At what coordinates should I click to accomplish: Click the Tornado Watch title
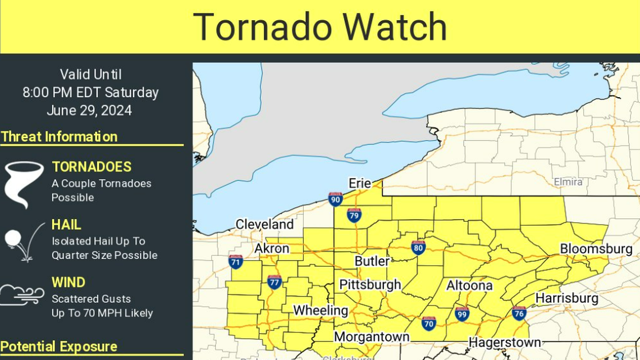point(320,26)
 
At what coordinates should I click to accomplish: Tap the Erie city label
point(360,184)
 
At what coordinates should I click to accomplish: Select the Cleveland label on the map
point(264,224)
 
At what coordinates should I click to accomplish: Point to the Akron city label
point(272,248)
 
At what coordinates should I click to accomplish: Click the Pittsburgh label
point(370,285)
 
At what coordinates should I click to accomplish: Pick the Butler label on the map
point(372,261)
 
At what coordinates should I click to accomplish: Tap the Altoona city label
point(469,286)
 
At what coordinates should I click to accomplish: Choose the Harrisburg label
point(566,298)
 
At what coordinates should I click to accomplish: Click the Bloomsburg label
point(596,249)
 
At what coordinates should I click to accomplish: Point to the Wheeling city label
point(321,310)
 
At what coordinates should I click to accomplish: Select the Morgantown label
point(372,337)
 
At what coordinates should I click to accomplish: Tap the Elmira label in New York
point(568,182)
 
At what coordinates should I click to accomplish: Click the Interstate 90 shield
point(336,199)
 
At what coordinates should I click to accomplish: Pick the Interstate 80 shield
point(418,248)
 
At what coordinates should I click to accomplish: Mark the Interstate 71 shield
point(236,262)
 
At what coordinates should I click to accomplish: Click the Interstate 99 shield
point(462,314)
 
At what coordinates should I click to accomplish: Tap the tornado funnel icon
point(24,184)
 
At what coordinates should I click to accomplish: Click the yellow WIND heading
point(68,282)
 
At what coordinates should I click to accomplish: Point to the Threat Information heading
point(59,136)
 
